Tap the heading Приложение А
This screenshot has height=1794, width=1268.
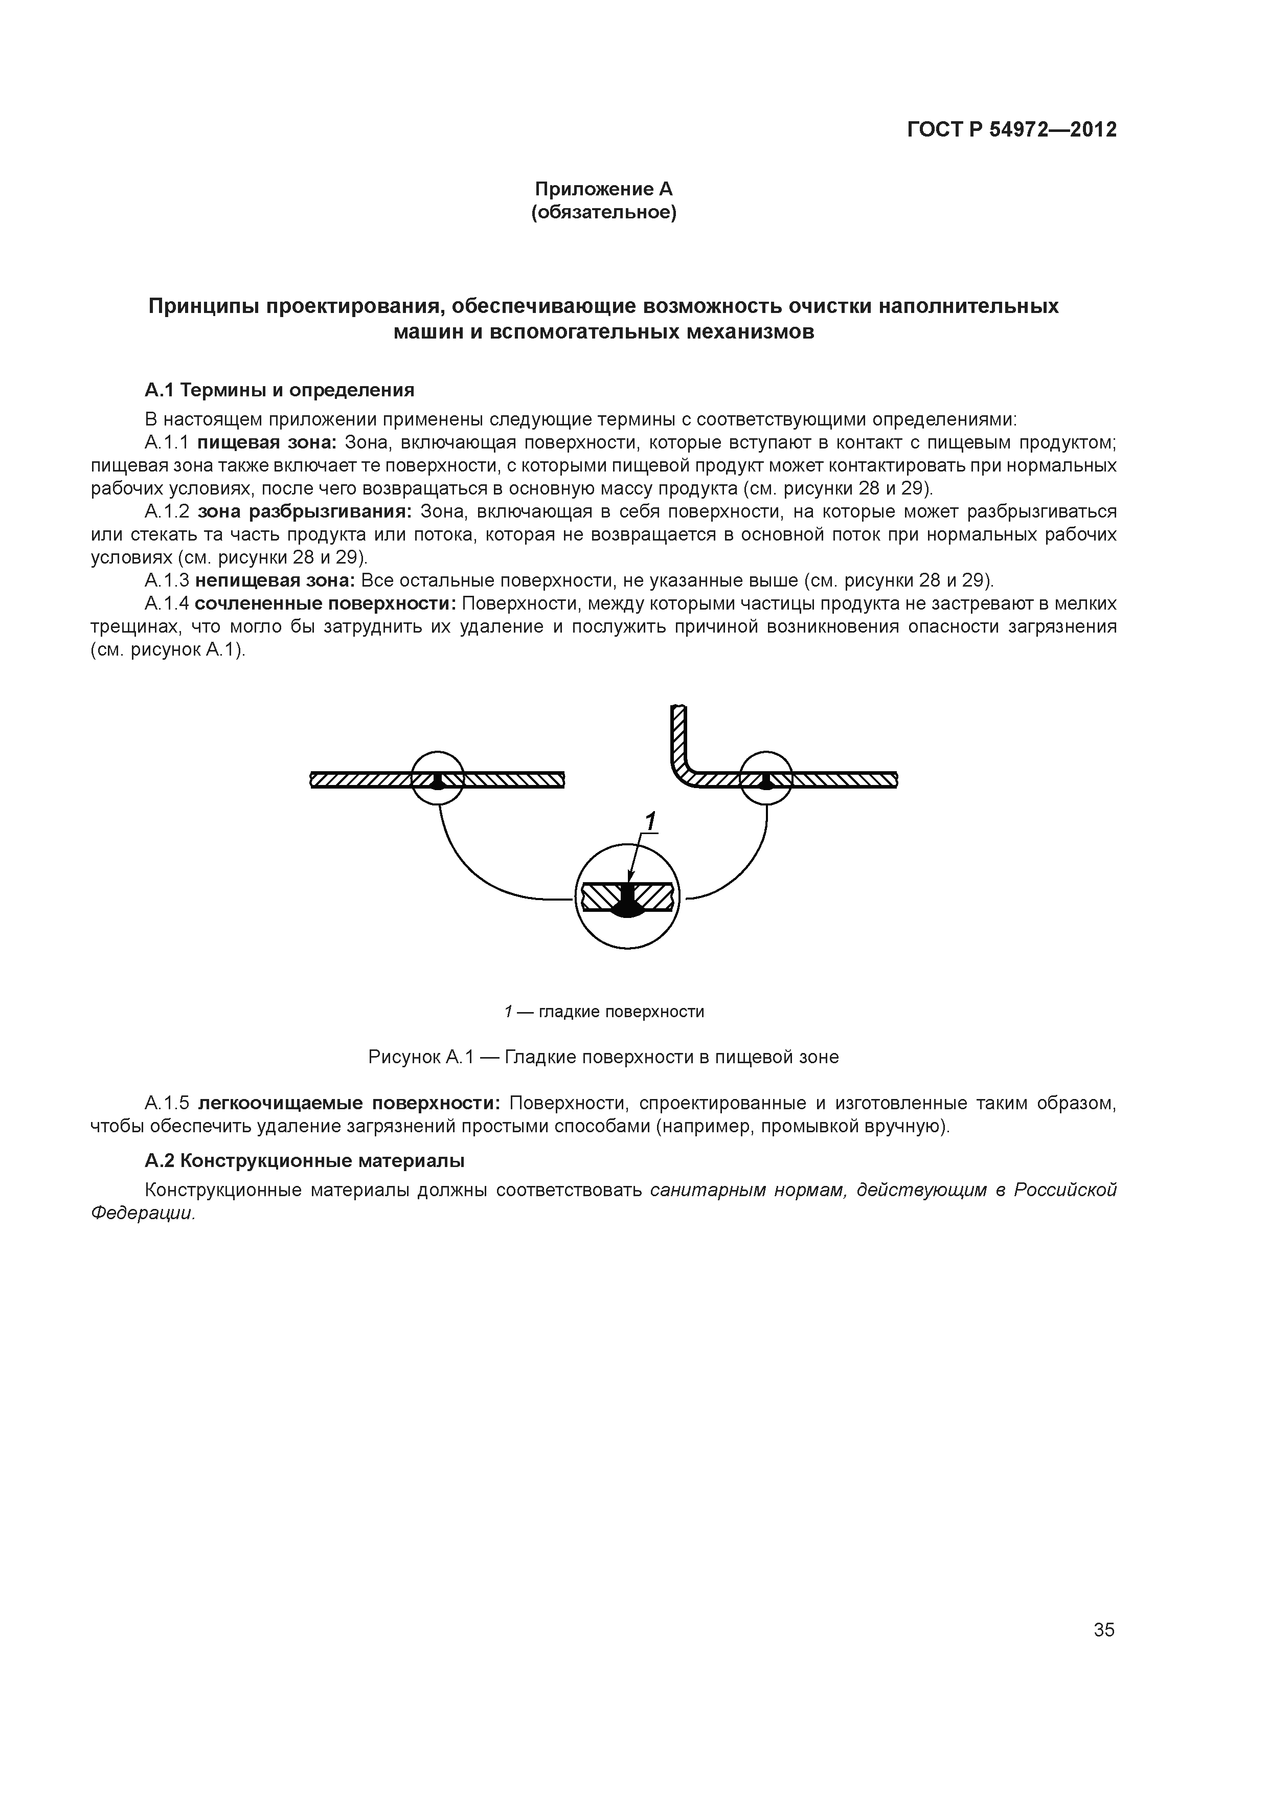tap(603, 189)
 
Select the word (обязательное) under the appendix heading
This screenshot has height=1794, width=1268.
tap(603, 213)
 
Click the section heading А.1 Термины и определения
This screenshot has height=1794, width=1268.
tap(279, 390)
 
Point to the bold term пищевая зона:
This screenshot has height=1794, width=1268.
tap(266, 443)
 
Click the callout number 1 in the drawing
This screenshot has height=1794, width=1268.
tap(649, 821)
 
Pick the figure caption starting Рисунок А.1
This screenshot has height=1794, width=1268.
tap(603, 1057)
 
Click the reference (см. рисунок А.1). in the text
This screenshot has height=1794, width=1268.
tap(168, 650)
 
